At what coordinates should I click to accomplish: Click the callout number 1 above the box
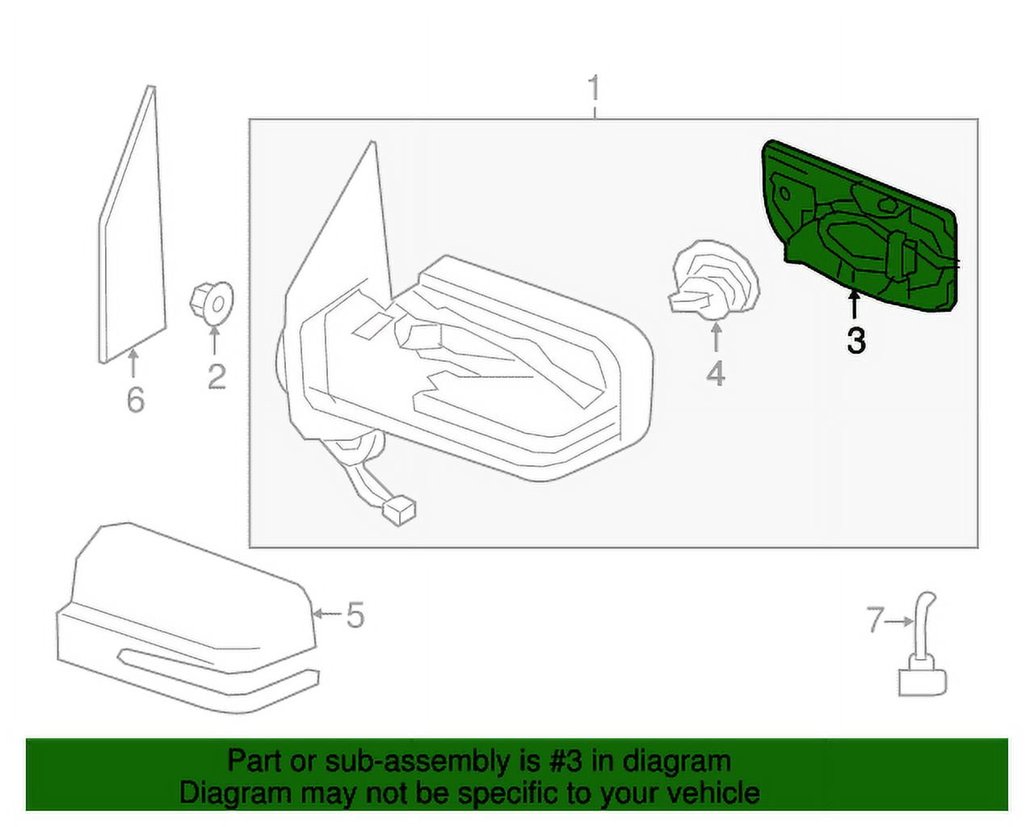point(595,89)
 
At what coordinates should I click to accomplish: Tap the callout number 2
point(216,376)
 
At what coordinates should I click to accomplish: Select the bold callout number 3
point(855,341)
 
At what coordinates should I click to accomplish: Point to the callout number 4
point(716,374)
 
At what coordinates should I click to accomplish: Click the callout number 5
point(355,615)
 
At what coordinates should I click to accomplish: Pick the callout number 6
point(135,400)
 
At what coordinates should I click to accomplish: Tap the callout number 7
point(876,621)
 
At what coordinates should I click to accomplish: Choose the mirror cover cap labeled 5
point(186,622)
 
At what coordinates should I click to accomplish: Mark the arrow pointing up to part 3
point(855,307)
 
